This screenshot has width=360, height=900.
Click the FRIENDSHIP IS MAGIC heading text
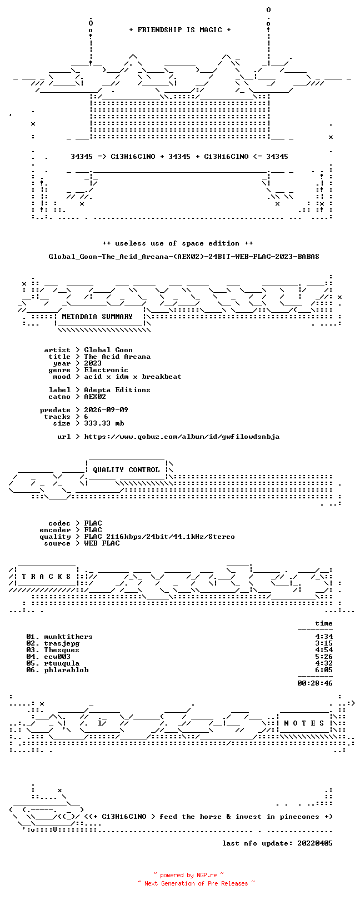click(180, 30)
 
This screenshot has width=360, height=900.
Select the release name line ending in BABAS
click(184, 256)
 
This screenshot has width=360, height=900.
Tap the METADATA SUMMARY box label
click(97, 317)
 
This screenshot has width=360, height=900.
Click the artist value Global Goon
click(108, 350)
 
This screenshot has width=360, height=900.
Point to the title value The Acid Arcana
click(117, 357)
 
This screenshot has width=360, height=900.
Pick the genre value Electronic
click(106, 370)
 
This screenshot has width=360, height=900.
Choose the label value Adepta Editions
click(117, 390)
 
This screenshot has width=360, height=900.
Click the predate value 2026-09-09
click(106, 410)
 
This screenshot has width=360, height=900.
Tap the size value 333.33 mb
click(104, 423)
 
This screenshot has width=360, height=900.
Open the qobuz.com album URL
click(182, 437)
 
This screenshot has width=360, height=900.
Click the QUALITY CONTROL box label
click(126, 470)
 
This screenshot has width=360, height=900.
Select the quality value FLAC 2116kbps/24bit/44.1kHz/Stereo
click(159, 537)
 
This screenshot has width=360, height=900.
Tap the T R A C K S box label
click(46, 577)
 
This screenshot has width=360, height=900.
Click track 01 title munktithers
click(68, 637)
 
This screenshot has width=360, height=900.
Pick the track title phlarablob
click(66, 670)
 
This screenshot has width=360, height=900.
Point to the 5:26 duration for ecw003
click(324, 657)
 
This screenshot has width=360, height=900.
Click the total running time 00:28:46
click(315, 683)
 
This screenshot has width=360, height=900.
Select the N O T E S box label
click(304, 723)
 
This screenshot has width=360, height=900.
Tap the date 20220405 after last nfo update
click(315, 843)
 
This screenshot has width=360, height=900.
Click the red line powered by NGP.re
click(188, 875)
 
